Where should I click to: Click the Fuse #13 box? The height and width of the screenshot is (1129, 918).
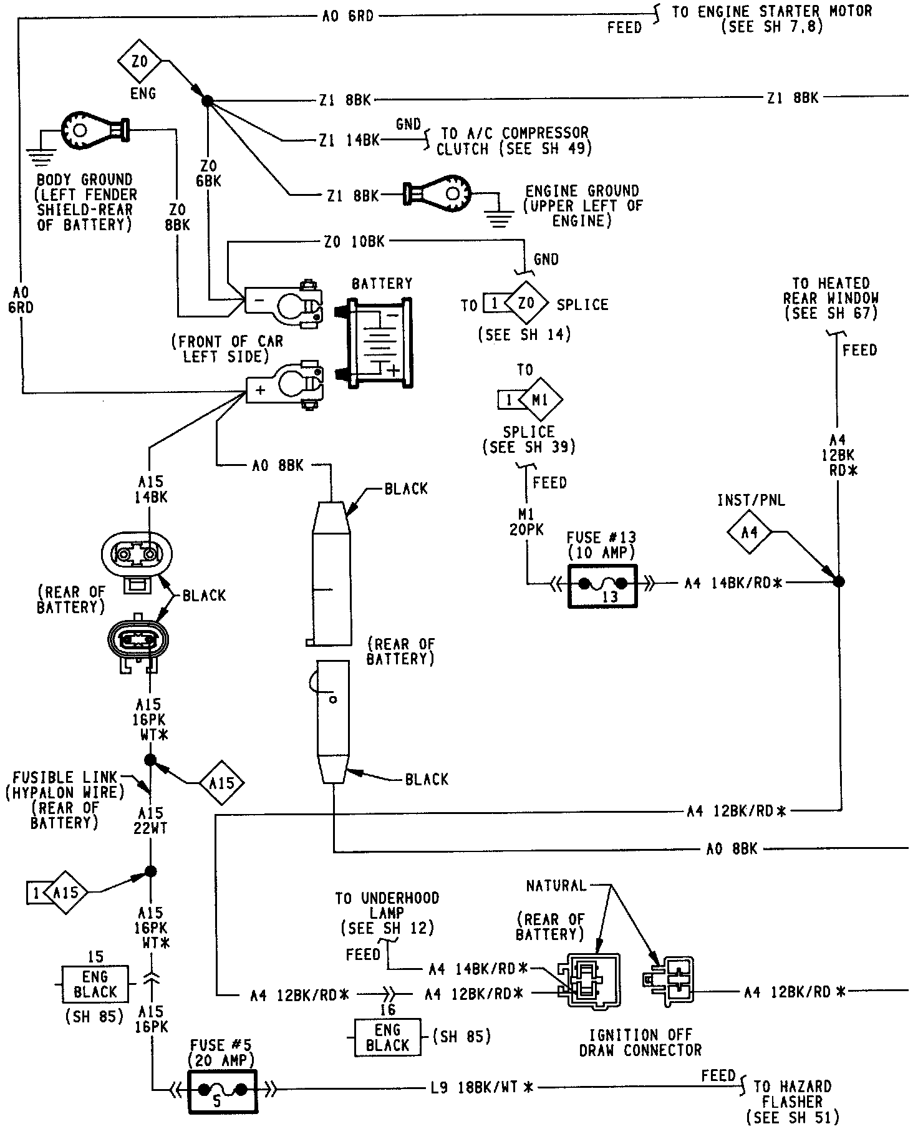point(602,585)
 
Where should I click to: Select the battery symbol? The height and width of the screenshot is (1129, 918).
point(380,342)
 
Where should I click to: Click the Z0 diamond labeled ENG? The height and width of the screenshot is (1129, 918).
point(140,62)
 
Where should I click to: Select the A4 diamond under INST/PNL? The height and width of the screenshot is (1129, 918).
point(750,533)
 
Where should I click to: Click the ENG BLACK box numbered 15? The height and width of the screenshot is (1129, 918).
point(95,984)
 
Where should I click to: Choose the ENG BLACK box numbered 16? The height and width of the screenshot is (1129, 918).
point(387,1037)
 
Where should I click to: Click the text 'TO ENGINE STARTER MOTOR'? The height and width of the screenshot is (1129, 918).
point(771,12)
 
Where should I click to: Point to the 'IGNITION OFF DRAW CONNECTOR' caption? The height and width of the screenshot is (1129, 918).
point(640,1042)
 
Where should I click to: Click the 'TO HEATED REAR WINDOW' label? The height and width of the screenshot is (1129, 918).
point(830,298)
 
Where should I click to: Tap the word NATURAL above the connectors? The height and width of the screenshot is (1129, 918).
point(556,886)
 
